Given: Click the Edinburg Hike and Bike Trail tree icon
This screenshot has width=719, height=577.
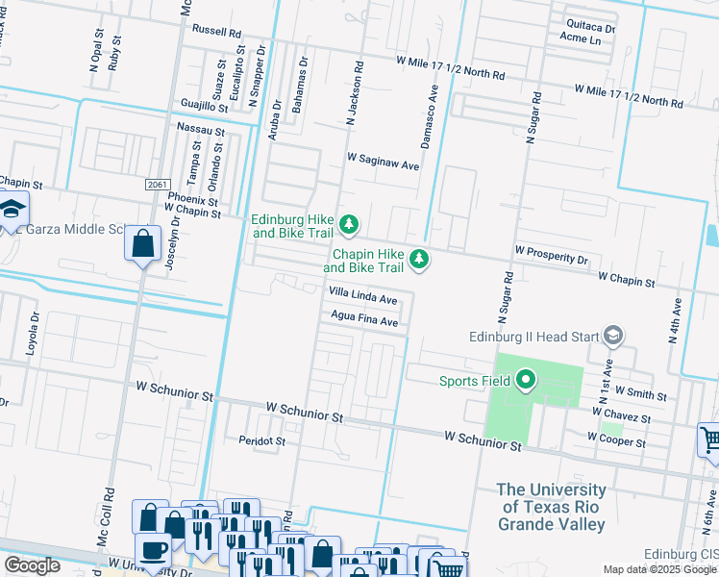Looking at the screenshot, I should pos(350,225).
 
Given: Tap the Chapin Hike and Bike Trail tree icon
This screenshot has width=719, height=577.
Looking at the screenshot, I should pos(419,260).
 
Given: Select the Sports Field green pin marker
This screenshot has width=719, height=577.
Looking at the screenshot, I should pos(525,381).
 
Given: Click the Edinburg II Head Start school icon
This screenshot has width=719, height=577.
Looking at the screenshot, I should pos(613,337).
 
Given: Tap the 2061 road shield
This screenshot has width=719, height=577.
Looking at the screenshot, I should pos(159,184).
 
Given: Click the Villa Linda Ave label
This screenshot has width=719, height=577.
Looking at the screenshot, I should pos(362,299).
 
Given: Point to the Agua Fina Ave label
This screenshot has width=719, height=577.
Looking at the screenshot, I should pos(363,322).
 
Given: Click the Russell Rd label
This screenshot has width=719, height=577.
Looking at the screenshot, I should pos(215,31).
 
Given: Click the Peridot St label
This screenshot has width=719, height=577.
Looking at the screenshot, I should pos(262,440).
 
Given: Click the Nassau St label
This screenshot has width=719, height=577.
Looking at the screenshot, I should pos(201,129).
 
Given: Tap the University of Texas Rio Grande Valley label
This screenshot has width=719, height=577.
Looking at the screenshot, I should pos(551,507).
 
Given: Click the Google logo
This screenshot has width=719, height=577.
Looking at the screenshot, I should pos(32,565).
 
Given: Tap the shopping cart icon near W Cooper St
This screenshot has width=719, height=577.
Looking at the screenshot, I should pos(709,440).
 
